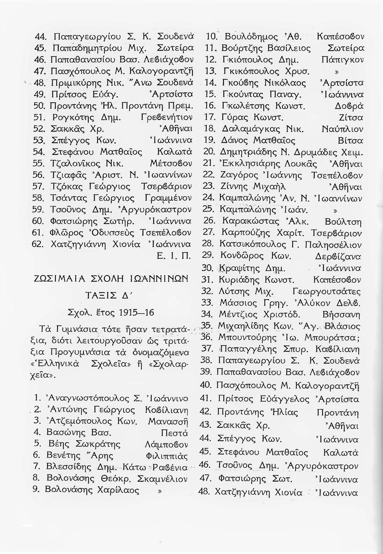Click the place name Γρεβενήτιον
(x=167, y=118)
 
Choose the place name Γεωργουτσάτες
(x=327, y=292)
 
